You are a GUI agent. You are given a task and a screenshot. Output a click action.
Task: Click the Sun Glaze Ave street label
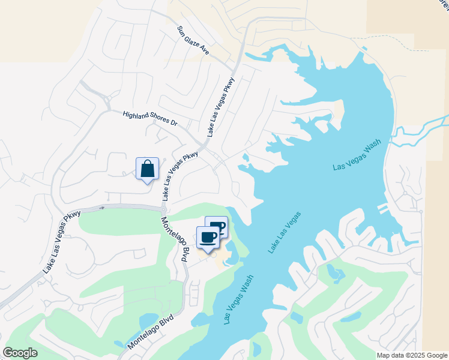193,40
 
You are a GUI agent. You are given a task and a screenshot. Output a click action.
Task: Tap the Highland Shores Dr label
150,118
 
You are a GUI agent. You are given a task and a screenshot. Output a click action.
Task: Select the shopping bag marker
147,169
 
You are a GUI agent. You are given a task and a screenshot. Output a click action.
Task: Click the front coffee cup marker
208,238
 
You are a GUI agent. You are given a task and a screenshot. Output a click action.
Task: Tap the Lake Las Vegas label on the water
285,232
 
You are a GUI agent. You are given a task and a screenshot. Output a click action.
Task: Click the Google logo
20,353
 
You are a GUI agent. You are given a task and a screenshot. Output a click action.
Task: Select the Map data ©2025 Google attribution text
412,355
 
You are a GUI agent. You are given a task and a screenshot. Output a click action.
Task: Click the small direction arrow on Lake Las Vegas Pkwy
102,208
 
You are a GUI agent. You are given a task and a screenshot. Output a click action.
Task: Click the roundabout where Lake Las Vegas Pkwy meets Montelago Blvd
163,208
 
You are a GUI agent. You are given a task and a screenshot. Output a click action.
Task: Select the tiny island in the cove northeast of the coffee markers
245,158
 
